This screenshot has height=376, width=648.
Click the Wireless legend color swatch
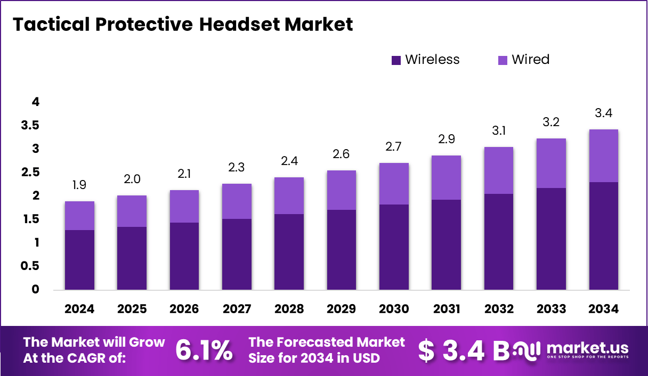[x=396, y=60]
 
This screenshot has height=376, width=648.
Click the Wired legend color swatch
[x=503, y=60]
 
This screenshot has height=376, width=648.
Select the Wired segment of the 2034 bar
[x=604, y=156]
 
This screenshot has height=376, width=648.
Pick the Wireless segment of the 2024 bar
[x=79, y=260]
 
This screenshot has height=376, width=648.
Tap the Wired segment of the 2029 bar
[x=342, y=190]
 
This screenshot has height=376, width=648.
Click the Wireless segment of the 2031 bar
[x=447, y=245]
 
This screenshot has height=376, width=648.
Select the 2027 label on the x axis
[x=237, y=309]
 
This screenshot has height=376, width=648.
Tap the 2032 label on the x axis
[x=499, y=309]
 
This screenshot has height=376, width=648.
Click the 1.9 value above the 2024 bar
[x=79, y=185]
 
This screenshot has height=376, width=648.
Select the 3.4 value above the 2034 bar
[x=604, y=113]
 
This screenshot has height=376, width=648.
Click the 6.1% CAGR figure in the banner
[x=204, y=350]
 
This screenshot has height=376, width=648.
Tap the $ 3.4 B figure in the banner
[x=464, y=350]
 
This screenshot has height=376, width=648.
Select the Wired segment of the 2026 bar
[x=184, y=206]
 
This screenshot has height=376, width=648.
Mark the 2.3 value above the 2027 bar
[x=237, y=168]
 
